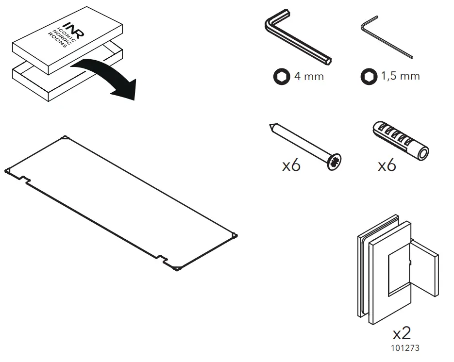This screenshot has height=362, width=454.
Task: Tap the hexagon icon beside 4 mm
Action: (281, 77)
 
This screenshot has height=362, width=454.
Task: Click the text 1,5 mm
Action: (400, 76)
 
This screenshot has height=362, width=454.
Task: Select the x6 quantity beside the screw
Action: (291, 165)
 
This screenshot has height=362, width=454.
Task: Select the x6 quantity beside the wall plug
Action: (387, 165)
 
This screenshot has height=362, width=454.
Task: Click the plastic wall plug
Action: (400, 141)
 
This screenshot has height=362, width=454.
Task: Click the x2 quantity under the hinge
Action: (402, 333)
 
